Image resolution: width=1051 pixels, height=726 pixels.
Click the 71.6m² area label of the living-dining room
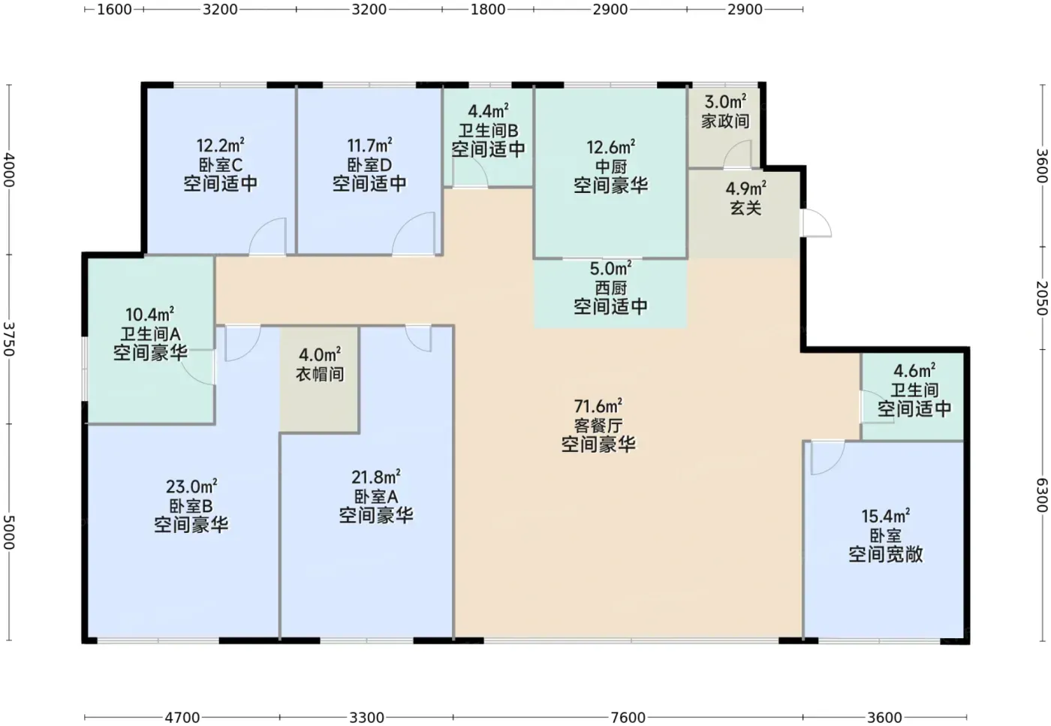[598, 405]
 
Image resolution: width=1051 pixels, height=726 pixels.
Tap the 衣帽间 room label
[320, 374]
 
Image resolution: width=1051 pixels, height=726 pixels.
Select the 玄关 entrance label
[745, 207]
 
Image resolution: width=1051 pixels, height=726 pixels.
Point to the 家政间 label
[725, 121]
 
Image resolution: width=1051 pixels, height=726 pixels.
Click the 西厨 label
[610, 288]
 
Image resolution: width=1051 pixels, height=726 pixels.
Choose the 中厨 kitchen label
[610, 167]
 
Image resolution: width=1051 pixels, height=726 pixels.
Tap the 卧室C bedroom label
[221, 164]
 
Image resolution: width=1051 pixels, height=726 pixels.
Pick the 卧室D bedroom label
[369, 164]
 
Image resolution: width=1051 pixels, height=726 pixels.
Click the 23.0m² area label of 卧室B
[191, 487]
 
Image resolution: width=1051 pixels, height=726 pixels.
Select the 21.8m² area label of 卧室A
[376, 477]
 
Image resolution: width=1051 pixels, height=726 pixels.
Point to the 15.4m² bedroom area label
[885, 517]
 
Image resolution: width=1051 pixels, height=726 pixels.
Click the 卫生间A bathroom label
[151, 334]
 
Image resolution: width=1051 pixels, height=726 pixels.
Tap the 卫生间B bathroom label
[489, 131]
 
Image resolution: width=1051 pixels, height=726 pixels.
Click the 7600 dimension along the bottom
[628, 718]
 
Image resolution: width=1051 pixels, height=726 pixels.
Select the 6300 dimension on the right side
[1042, 495]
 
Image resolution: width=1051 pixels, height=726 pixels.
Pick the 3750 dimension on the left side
[9, 339]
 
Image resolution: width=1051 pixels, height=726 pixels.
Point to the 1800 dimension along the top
[488, 10]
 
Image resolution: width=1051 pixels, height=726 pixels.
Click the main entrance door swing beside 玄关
[817, 223]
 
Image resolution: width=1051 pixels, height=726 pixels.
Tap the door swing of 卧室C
[267, 236]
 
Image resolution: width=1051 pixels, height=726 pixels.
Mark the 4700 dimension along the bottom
[182, 718]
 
